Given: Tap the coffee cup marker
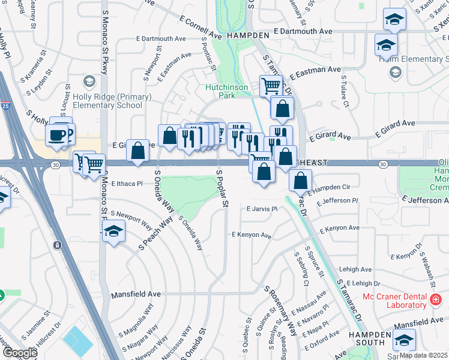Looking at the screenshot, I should (58, 136).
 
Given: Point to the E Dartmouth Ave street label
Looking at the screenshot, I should (302, 31).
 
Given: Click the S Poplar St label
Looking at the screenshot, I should (221, 188).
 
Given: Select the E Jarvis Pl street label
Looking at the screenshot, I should (263, 209).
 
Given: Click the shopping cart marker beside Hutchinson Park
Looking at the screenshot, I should (271, 86).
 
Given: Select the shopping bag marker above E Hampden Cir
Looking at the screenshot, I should (300, 179).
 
